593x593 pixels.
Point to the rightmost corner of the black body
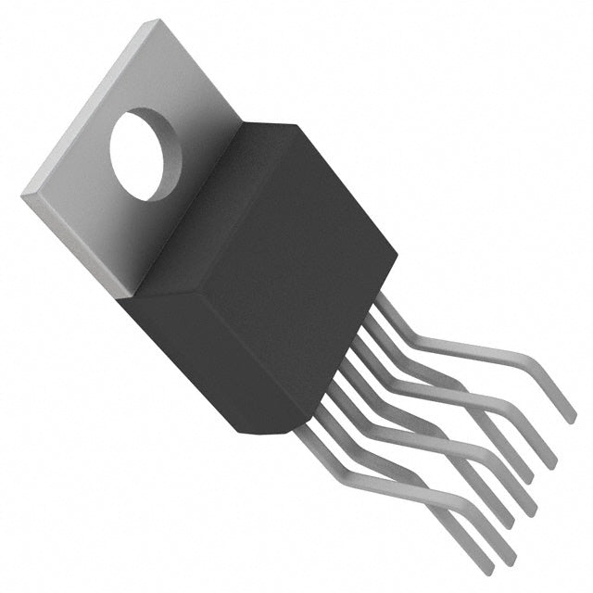coord(397,248)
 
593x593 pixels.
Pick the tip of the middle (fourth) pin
coord(530,511)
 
